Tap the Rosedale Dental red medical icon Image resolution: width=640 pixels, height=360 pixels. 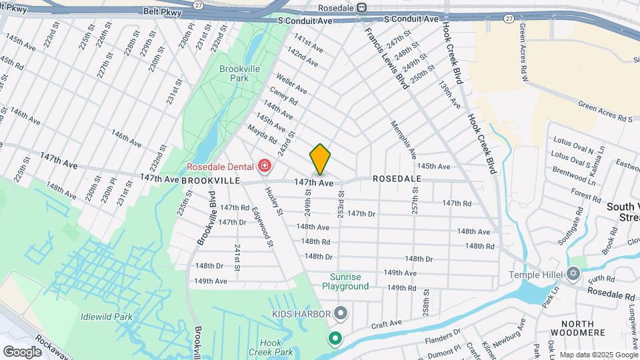265,165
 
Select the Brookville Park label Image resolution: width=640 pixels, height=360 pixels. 234,73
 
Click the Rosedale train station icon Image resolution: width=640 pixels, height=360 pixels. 361,8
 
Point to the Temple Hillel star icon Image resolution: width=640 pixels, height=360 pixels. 573,273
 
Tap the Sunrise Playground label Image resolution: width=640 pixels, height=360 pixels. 345,281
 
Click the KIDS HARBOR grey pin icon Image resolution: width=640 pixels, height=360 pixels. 341,313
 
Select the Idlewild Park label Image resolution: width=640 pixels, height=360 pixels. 105,317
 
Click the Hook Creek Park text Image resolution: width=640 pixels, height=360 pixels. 276,347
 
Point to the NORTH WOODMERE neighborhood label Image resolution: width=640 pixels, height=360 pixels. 577,329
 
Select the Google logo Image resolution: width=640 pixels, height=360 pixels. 22,351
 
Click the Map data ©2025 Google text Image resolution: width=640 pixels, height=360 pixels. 598,354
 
